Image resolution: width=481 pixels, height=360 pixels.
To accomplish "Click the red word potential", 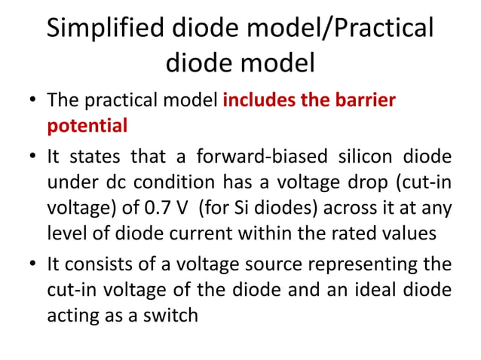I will [x=87, y=125].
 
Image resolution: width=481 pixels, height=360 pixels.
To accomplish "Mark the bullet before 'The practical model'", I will [x=29, y=101].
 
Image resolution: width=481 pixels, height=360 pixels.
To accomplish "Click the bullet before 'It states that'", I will [x=29, y=157].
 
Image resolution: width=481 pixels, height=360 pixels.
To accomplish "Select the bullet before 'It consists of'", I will [x=29, y=266].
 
